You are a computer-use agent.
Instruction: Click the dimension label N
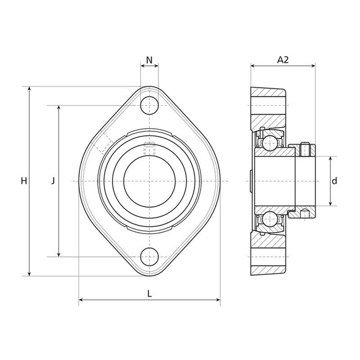[x=149, y=60]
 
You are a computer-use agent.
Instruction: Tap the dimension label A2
[x=283, y=60]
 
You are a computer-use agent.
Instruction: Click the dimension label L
[x=149, y=294]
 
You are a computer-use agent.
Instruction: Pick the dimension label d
[x=334, y=181]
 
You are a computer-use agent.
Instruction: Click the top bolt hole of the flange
[x=149, y=105]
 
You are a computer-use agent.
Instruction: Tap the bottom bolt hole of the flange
[x=149, y=256]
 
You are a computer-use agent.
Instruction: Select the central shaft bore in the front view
[x=149, y=181]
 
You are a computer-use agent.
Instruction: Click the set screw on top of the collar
[x=305, y=149]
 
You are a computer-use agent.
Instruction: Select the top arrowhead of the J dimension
[x=59, y=108]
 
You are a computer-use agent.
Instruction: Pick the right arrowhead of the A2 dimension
[x=313, y=66]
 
